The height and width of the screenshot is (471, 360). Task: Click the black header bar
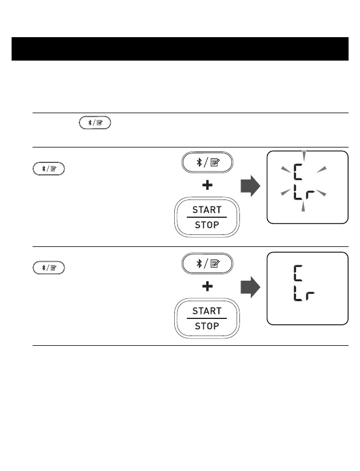[180, 49]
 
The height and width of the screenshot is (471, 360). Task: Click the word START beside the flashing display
[206, 210]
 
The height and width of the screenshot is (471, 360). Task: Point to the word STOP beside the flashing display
[206, 225]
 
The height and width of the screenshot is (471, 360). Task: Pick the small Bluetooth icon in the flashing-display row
[49, 169]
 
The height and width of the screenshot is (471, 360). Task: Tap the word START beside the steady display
[206, 312]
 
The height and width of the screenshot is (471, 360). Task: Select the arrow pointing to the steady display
[250, 288]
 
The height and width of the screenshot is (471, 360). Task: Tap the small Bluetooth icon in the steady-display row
[49, 267]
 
